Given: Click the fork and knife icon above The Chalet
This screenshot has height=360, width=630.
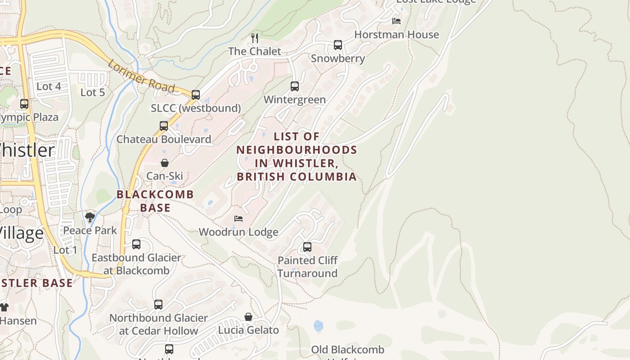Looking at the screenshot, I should click(x=255, y=38).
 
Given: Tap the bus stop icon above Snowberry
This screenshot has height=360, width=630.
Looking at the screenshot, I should click(x=338, y=45).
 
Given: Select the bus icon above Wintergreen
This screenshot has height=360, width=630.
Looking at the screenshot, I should click(x=295, y=86).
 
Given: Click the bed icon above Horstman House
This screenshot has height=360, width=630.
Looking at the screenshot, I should click(x=396, y=21).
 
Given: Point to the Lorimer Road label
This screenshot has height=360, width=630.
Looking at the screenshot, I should click(x=141, y=76).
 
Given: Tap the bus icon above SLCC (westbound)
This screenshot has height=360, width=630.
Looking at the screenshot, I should click(x=196, y=94).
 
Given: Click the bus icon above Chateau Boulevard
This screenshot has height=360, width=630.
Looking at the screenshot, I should click(x=164, y=126).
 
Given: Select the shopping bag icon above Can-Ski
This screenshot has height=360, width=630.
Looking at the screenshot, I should click(x=165, y=163).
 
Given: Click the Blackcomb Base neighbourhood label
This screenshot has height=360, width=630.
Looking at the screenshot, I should click(x=155, y=201).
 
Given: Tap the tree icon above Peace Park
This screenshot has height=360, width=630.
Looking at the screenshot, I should click(x=90, y=217).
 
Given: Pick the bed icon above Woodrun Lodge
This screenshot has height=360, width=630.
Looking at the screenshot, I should click(x=238, y=219).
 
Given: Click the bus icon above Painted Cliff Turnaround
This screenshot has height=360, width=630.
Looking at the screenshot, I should click(x=307, y=247).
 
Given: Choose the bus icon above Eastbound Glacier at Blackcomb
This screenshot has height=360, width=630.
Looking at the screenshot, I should click(x=136, y=244).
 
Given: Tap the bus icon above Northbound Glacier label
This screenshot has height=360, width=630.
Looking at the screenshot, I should click(x=158, y=304).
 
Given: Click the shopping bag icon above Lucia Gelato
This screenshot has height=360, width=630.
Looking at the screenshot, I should click(x=248, y=317).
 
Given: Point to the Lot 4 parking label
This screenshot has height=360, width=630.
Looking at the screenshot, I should click(x=49, y=86).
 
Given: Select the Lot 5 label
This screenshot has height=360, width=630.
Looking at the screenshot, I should click(x=93, y=92).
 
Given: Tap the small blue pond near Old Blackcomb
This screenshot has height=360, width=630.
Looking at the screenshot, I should click(x=319, y=326).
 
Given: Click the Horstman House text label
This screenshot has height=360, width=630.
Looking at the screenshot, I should click(x=396, y=35).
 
